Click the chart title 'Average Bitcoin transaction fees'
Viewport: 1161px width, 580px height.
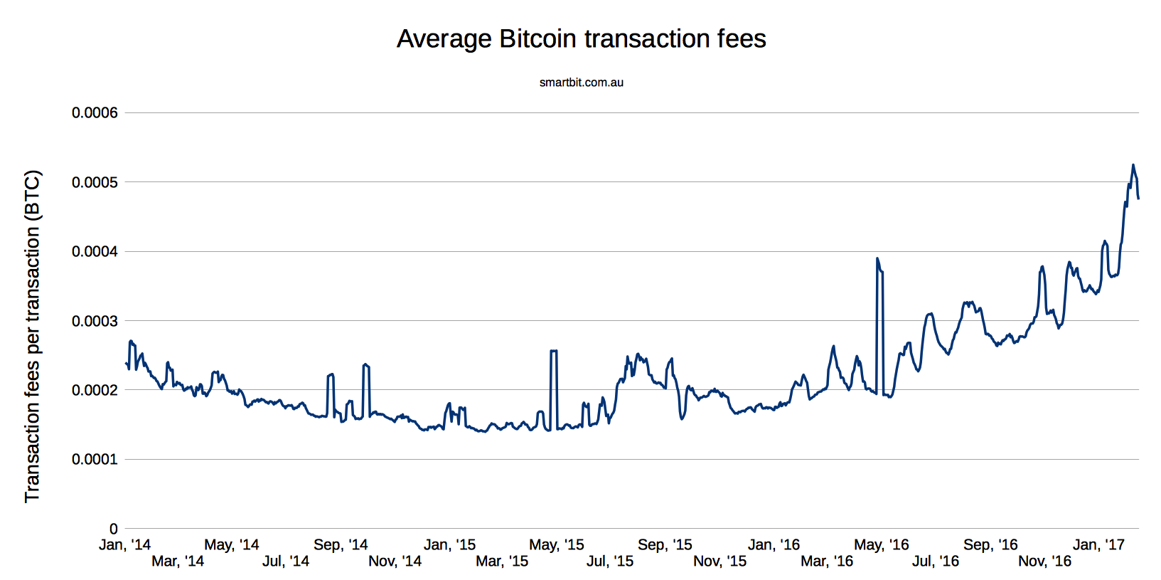581,39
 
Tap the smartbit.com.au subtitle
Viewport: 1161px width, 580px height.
581,83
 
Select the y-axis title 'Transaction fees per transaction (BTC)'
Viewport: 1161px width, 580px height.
33,336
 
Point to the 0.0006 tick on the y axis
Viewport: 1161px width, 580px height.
95,113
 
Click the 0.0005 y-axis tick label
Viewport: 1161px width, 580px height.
95,183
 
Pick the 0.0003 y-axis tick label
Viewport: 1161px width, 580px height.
95,322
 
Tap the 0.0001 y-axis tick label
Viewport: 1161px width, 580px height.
95,460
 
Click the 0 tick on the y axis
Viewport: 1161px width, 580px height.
113,529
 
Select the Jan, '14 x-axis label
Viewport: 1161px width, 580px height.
125,545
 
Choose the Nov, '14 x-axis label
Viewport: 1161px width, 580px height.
395,561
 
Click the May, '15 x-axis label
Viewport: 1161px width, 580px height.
556,545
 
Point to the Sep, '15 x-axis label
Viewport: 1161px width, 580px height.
665,545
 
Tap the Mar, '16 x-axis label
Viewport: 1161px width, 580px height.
827,561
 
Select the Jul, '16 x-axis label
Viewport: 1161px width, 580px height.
936,561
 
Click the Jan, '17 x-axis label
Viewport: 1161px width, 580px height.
1098,545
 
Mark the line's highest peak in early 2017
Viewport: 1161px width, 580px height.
1133,165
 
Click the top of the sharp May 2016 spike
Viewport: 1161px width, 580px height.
877,259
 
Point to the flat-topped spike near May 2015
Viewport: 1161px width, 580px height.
554,351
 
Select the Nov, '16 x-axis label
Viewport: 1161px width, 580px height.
1044,561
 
